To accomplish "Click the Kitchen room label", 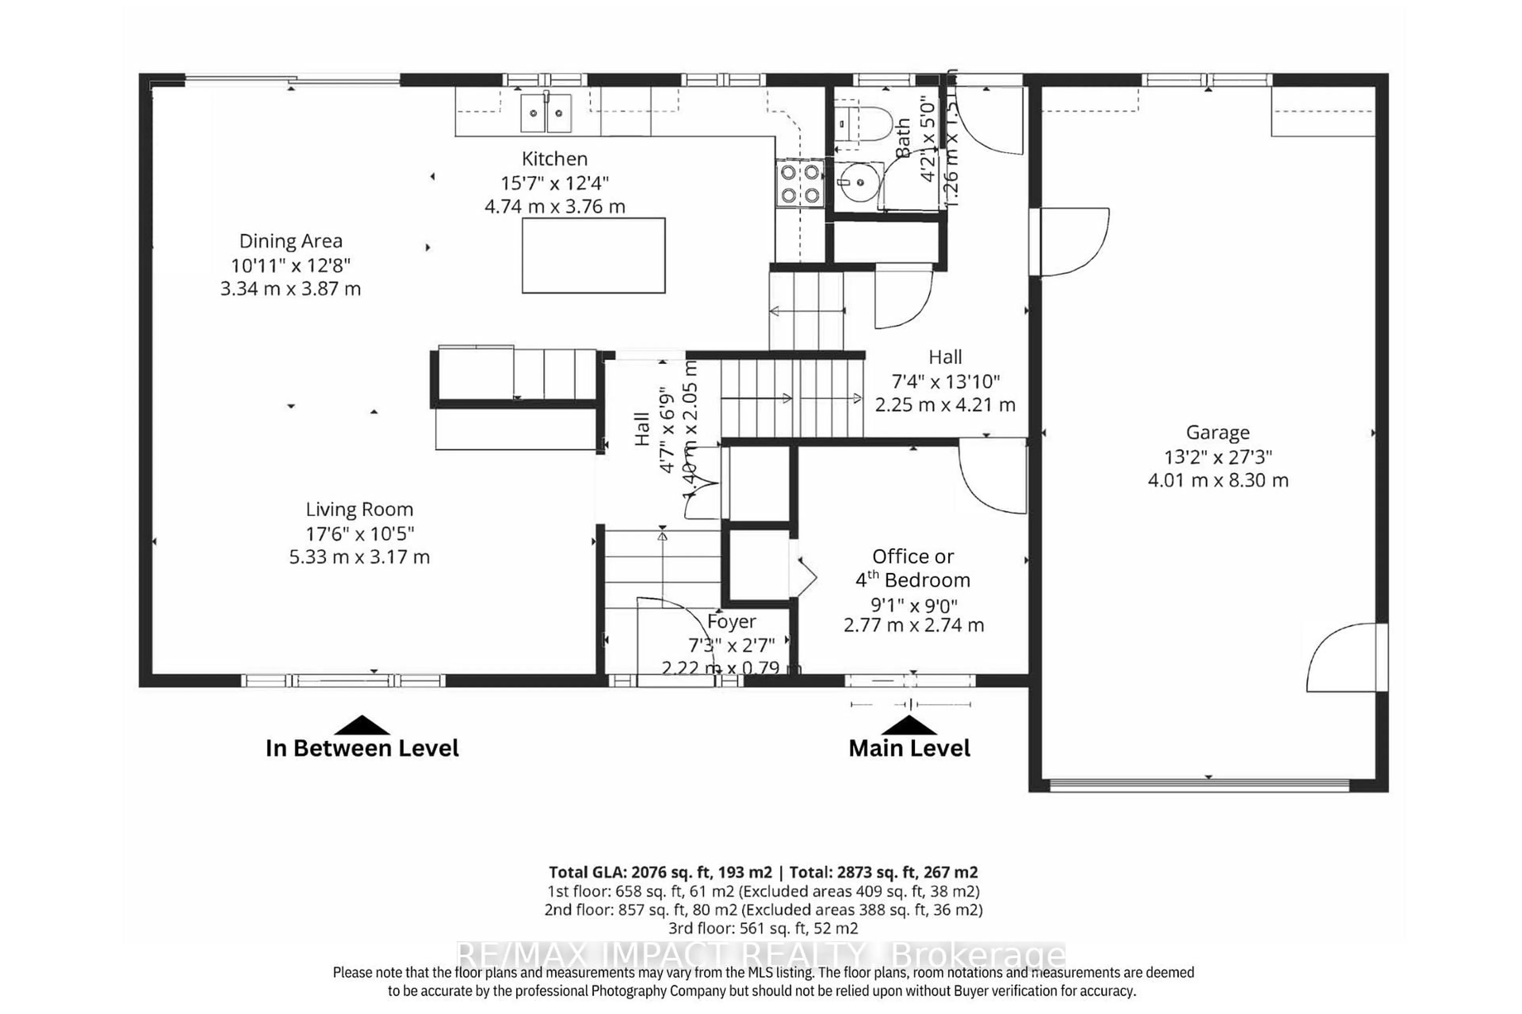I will tap(554, 158).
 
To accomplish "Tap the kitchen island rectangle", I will tap(593, 255).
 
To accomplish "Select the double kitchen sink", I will tap(546, 112).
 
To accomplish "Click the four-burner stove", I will tap(800, 184).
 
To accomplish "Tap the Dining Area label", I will tap(291, 241).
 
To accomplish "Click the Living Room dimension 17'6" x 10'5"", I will tap(360, 534).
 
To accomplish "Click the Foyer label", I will tap(731, 621).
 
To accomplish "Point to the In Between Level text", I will tap(362, 748).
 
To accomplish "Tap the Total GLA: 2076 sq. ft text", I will tap(660, 872).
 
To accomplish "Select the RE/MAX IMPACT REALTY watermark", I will tap(761, 955).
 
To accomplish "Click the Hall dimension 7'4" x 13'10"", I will tap(945, 381).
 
